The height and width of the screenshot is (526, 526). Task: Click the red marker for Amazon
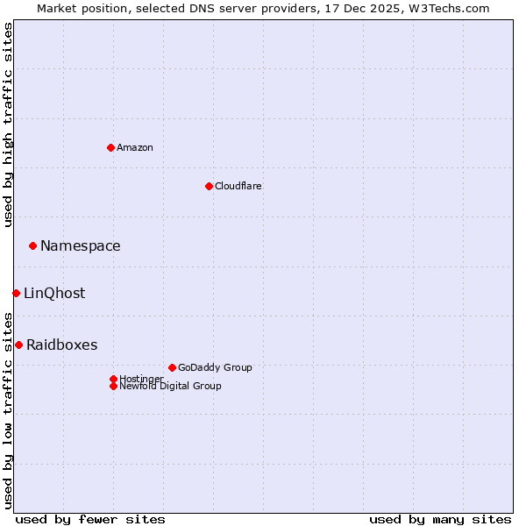point(110,147)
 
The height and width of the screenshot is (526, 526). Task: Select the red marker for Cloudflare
point(209,186)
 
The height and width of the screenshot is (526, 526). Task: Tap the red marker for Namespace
point(32,245)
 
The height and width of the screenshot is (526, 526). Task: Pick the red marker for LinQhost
point(16,293)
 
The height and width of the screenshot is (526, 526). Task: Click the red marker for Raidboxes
point(18,345)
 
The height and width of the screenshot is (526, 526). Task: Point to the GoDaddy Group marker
point(172,367)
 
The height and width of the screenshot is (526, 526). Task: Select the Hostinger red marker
point(113,379)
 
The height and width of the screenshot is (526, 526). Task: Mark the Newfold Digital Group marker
point(113,386)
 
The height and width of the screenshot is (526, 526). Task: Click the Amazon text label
point(135,147)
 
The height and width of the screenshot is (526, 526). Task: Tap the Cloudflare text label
point(238,186)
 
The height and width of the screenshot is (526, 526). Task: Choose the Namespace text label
point(81,245)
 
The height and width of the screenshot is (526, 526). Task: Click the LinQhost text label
point(54,293)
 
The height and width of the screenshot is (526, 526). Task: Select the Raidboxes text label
point(62,345)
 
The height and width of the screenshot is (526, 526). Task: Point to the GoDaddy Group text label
point(215,367)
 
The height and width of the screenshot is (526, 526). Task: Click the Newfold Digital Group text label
point(171,386)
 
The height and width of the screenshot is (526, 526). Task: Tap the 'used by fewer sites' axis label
point(90,519)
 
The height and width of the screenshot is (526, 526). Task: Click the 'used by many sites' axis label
point(440,519)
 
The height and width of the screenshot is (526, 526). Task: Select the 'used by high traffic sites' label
point(8,124)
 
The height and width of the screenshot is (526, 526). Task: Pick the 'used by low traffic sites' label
point(8,409)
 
